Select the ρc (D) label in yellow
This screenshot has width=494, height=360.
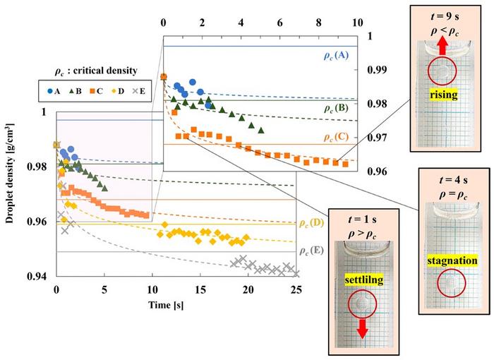(x=311, y=224)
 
